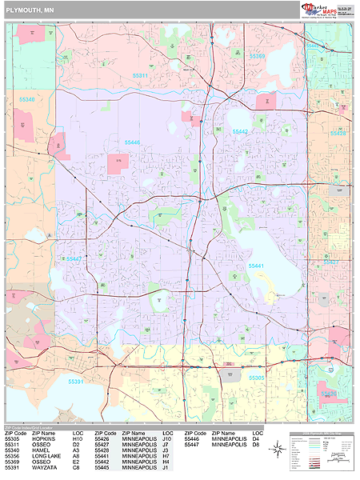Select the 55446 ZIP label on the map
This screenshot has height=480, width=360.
tap(132, 142)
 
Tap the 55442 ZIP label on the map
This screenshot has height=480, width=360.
tap(241, 131)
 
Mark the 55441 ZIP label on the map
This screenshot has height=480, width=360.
tap(256, 265)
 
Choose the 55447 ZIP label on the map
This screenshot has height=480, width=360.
tap(74, 258)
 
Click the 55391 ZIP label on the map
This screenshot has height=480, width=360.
tap(76, 381)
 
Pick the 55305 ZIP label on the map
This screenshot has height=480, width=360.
tap(256, 377)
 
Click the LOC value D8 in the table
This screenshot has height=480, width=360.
tap(257, 444)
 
